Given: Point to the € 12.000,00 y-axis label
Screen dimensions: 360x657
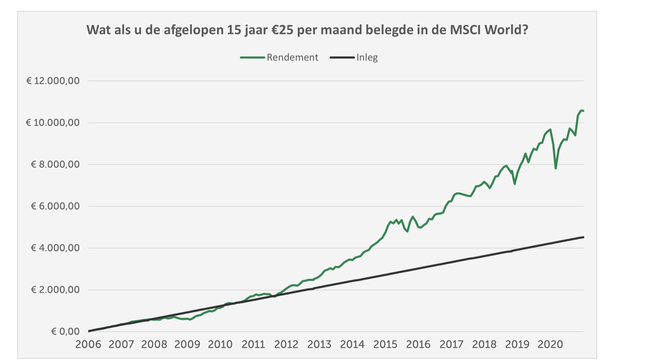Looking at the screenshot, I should click(53, 81).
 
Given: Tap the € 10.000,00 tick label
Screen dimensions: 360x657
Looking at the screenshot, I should click(53, 123).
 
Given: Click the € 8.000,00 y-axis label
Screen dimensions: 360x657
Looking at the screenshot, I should click(55, 164).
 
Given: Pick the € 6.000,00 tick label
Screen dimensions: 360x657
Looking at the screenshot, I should click(55, 206).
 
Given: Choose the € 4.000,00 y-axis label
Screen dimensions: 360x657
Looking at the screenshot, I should click(55, 248).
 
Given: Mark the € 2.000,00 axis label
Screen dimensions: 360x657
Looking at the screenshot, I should click(55, 290).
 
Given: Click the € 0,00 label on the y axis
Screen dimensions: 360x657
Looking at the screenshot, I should click(65, 331).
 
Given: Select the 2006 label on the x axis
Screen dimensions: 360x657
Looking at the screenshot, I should click(88, 344).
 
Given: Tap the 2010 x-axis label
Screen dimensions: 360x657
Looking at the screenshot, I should click(220, 344).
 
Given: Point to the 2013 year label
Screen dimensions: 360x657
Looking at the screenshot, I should click(319, 344).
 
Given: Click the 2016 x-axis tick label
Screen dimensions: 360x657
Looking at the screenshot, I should click(418, 344).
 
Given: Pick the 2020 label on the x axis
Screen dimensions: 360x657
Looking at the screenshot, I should click(550, 344).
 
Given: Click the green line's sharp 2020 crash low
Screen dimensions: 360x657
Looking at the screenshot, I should click(555, 168).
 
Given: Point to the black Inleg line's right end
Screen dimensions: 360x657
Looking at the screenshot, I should click(583, 237).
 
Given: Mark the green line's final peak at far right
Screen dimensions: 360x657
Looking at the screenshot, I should click(581, 111).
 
